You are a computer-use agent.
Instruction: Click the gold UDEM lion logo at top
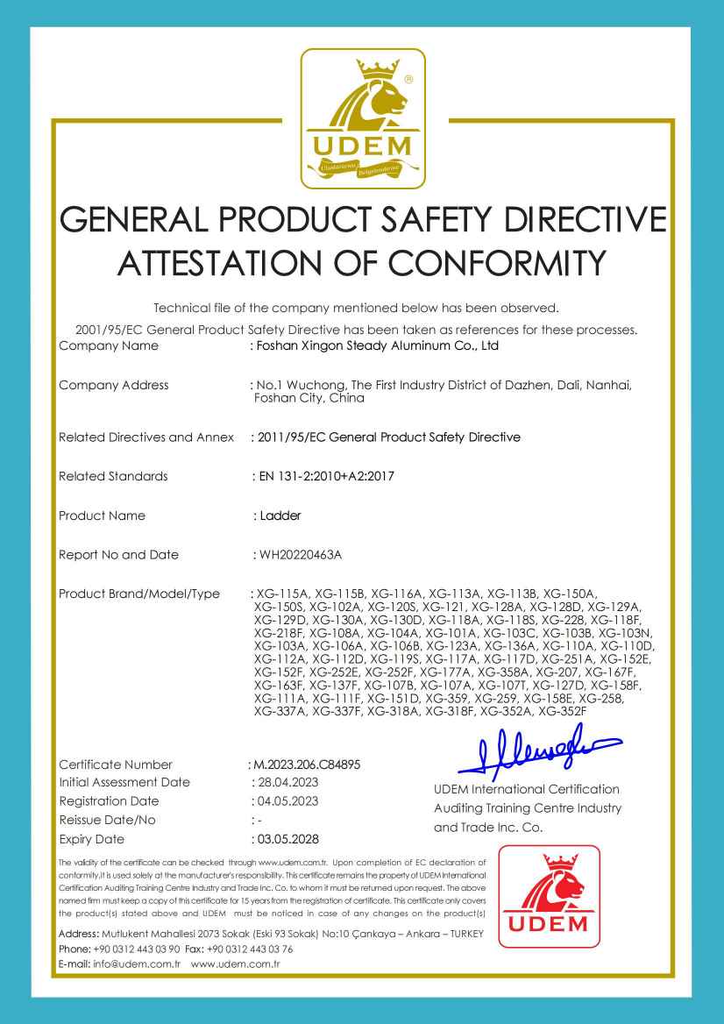click(363, 118)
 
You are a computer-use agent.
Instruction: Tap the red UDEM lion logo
click(550, 896)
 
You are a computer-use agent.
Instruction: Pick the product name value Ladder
click(280, 516)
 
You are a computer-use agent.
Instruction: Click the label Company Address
click(113, 385)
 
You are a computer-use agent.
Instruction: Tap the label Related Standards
click(112, 476)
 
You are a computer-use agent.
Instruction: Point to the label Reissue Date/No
click(107, 820)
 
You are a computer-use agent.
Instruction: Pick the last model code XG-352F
click(562, 711)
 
